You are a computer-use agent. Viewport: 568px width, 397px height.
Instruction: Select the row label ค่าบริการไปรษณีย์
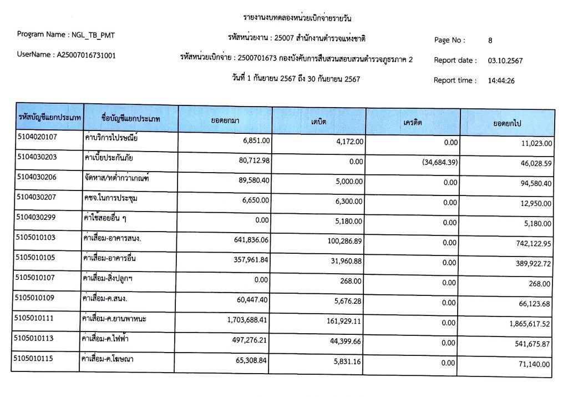click(110, 138)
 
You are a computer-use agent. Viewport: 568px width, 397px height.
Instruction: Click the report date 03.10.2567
click(505, 61)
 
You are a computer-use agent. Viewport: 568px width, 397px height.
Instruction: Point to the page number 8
click(490, 41)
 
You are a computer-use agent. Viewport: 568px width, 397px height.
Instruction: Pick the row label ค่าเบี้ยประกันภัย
click(109, 158)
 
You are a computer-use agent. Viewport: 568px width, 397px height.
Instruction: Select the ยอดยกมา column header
click(225, 121)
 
